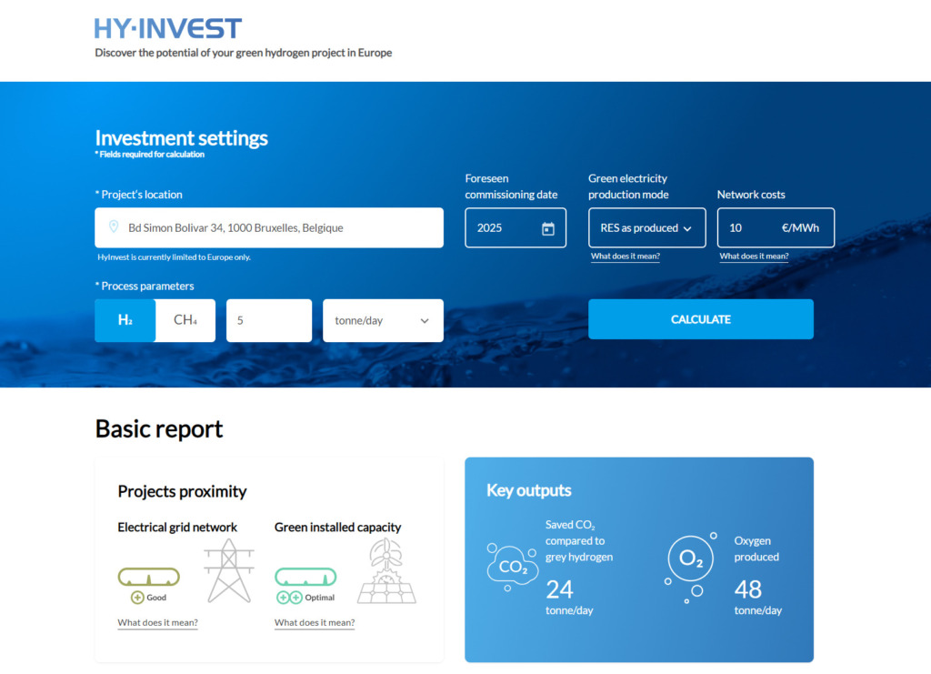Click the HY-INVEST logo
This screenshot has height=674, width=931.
pos(168,28)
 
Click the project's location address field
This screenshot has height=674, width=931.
pos(269,227)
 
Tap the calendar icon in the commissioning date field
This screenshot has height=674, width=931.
pos(548,228)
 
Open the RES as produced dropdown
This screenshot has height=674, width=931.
pos(647,227)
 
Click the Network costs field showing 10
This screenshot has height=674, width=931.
pos(776,227)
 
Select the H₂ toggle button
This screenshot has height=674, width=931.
pos(125,320)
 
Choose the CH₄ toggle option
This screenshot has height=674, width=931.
pos(185,320)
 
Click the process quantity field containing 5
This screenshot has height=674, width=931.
pos(269,321)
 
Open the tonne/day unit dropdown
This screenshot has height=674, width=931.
pos(383,321)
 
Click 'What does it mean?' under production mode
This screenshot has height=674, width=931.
pos(626,257)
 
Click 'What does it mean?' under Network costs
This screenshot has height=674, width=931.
pos(754,257)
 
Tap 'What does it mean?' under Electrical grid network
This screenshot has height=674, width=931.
pos(157,622)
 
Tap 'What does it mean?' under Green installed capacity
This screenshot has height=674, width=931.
pos(314,622)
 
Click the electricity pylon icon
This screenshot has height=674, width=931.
pos(229,570)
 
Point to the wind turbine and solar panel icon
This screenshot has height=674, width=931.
pos(386,570)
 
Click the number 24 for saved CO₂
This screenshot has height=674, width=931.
pos(559,589)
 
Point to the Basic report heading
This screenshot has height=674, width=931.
pos(158,428)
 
